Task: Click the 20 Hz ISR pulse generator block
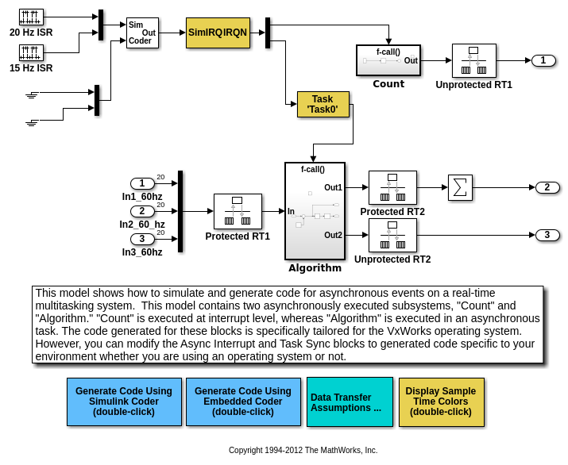click(x=31, y=17)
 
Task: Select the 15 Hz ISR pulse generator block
click(x=31, y=53)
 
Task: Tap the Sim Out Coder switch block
click(x=142, y=33)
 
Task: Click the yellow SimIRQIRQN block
click(x=218, y=33)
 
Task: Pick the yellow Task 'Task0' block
click(x=323, y=105)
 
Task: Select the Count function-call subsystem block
click(x=388, y=60)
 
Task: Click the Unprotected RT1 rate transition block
click(x=473, y=60)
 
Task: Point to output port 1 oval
click(x=543, y=60)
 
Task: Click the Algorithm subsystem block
click(x=315, y=211)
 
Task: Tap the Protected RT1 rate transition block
click(x=238, y=211)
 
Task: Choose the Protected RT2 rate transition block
click(x=392, y=187)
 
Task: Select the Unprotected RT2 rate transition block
click(x=392, y=235)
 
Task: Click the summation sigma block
click(x=460, y=187)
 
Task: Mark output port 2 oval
click(x=547, y=187)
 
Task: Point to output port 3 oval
click(x=547, y=235)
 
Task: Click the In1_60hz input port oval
click(x=142, y=184)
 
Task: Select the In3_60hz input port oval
click(x=142, y=239)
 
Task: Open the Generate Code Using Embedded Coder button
click(x=243, y=402)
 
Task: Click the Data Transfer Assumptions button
click(x=350, y=402)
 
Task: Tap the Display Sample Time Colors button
click(x=441, y=402)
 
